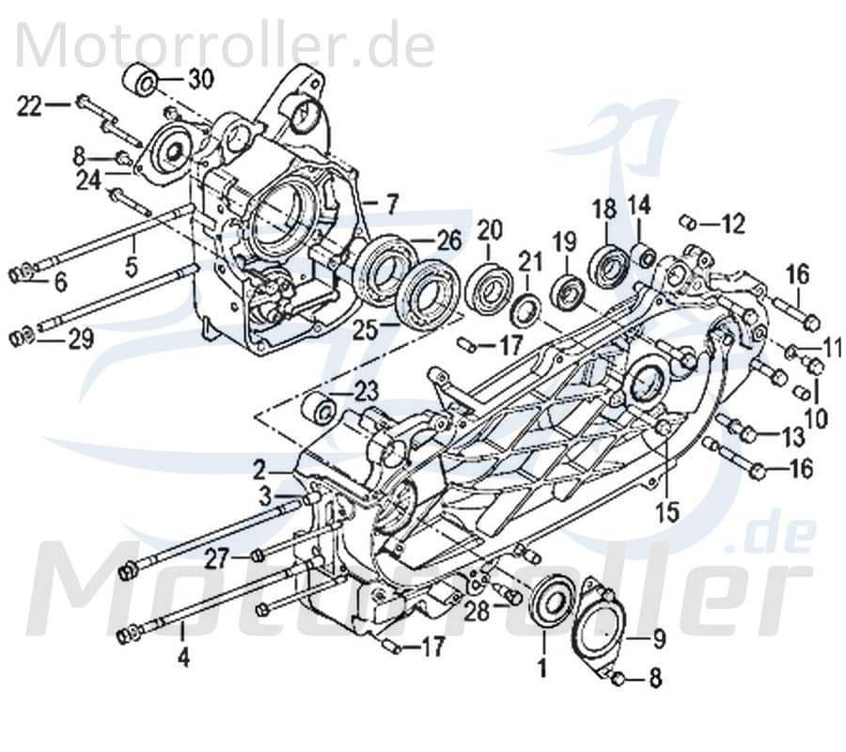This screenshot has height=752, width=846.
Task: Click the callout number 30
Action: (x=201, y=79)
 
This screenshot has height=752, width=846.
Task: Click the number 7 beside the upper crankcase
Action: (x=391, y=202)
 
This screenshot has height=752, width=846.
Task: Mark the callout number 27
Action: (x=217, y=558)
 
